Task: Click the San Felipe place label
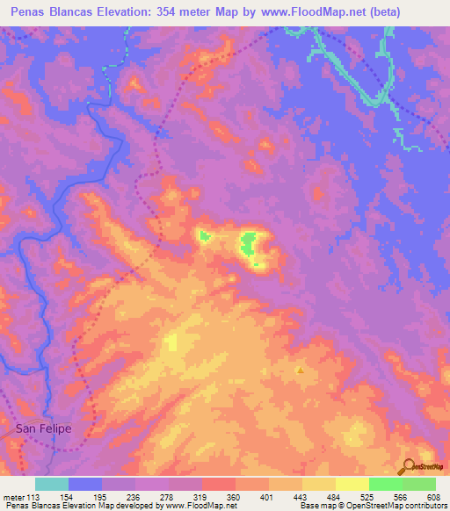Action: pos(43,429)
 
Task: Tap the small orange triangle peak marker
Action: pos(301,371)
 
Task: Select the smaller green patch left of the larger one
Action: pos(204,235)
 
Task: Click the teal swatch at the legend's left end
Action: pos(52,484)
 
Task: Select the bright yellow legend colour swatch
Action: pos(352,484)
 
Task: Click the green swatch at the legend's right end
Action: pos(419,484)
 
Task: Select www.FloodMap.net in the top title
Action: pos(308,11)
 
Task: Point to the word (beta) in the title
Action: pos(383,11)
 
